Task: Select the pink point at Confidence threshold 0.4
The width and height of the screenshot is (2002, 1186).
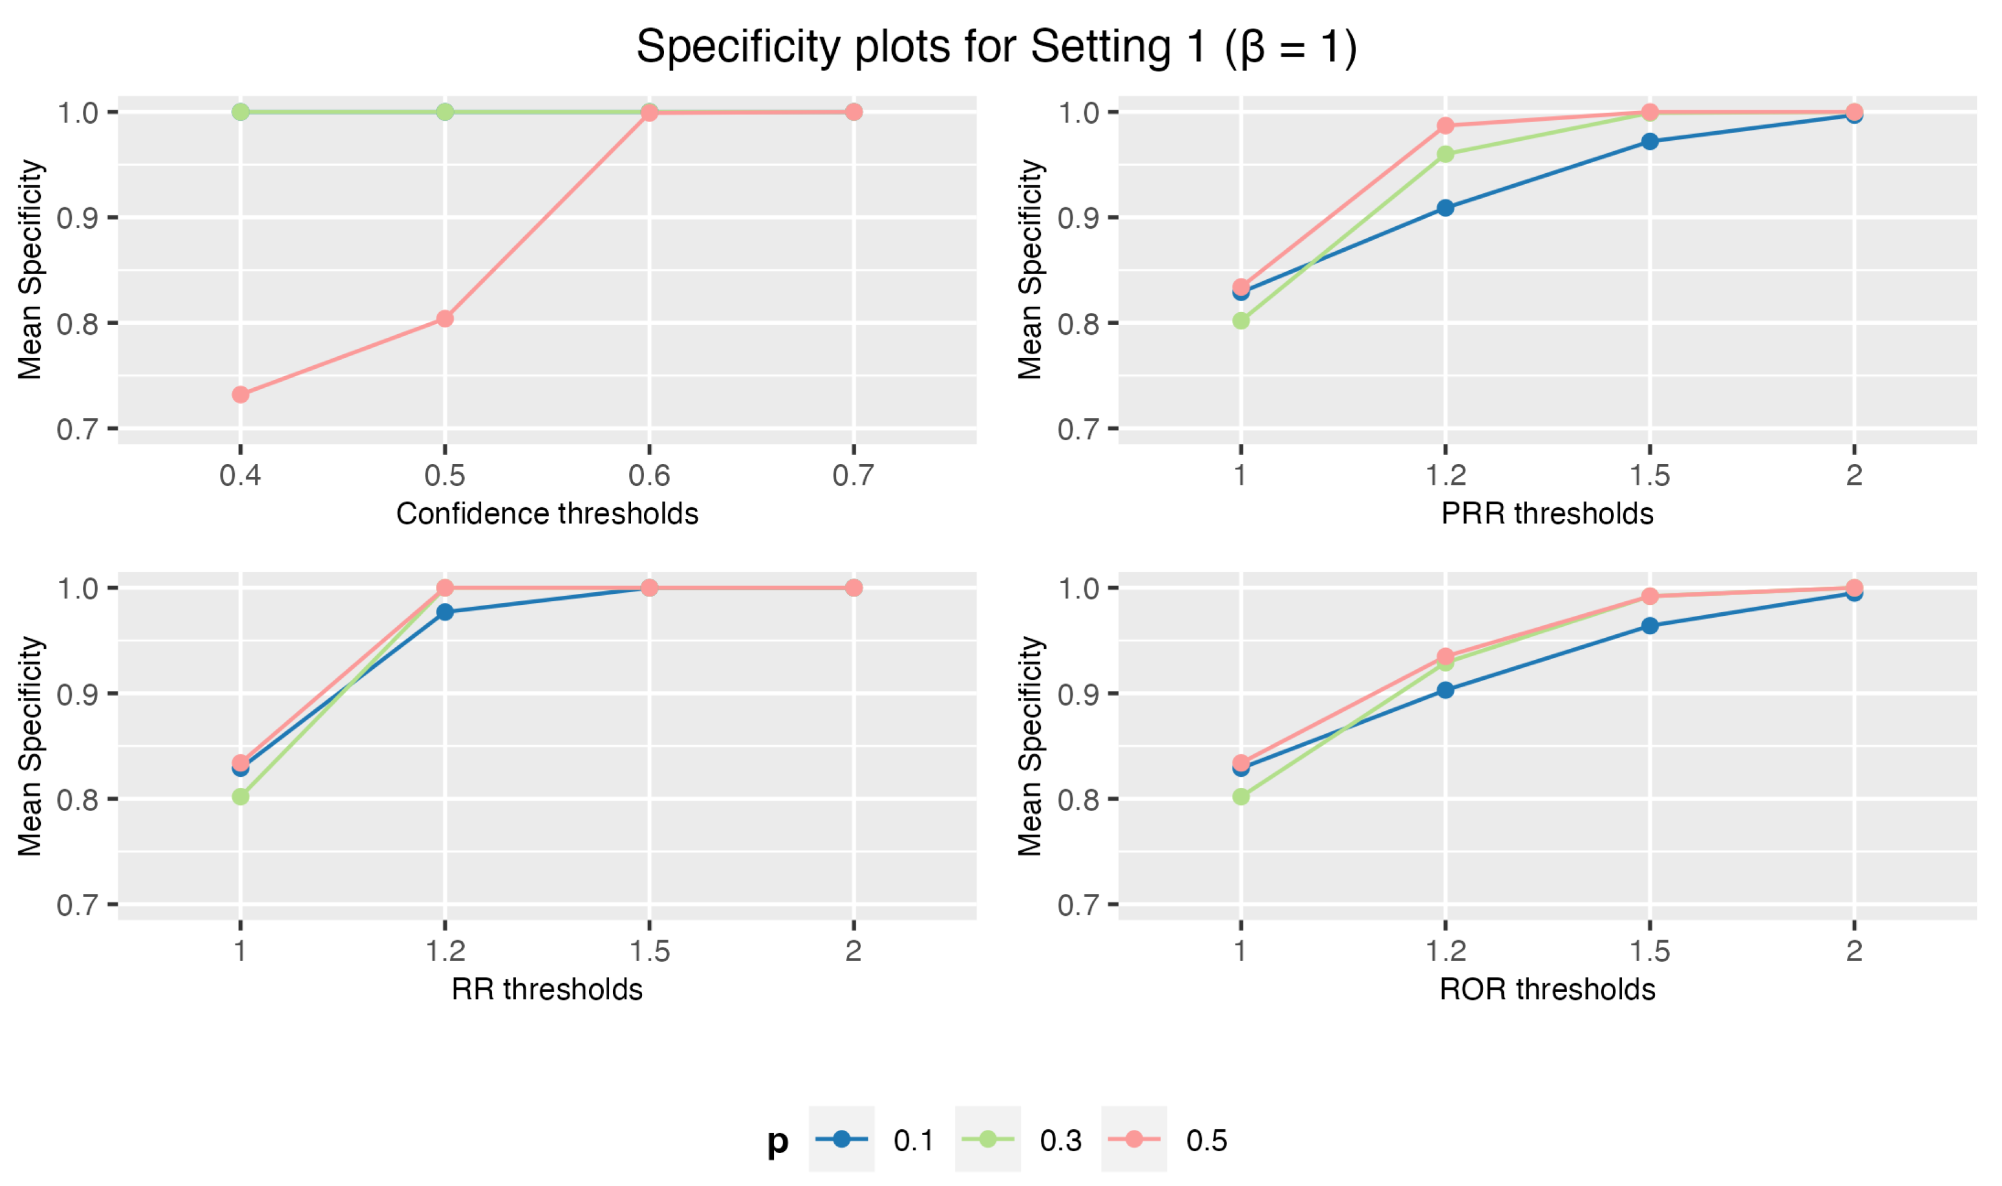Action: point(240,395)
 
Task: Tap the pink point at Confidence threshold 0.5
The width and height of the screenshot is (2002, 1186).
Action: point(445,319)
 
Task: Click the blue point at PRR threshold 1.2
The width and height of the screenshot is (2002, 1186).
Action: point(1445,208)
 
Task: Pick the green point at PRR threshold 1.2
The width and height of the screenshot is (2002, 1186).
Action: point(1445,154)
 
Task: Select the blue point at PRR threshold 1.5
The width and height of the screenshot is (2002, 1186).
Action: point(1650,141)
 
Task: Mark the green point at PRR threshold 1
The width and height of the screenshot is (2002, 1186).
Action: point(1240,321)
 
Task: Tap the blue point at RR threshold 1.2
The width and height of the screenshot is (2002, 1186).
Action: point(445,612)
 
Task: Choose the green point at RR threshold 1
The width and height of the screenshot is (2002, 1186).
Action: point(240,797)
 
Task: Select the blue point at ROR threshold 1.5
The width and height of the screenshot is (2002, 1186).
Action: point(1650,626)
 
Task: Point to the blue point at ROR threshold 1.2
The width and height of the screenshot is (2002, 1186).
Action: point(1445,690)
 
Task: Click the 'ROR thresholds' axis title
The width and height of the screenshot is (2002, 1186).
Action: point(1546,990)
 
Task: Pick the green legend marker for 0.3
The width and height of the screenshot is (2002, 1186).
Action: point(988,1139)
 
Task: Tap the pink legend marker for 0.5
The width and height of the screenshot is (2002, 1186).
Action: point(1134,1139)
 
